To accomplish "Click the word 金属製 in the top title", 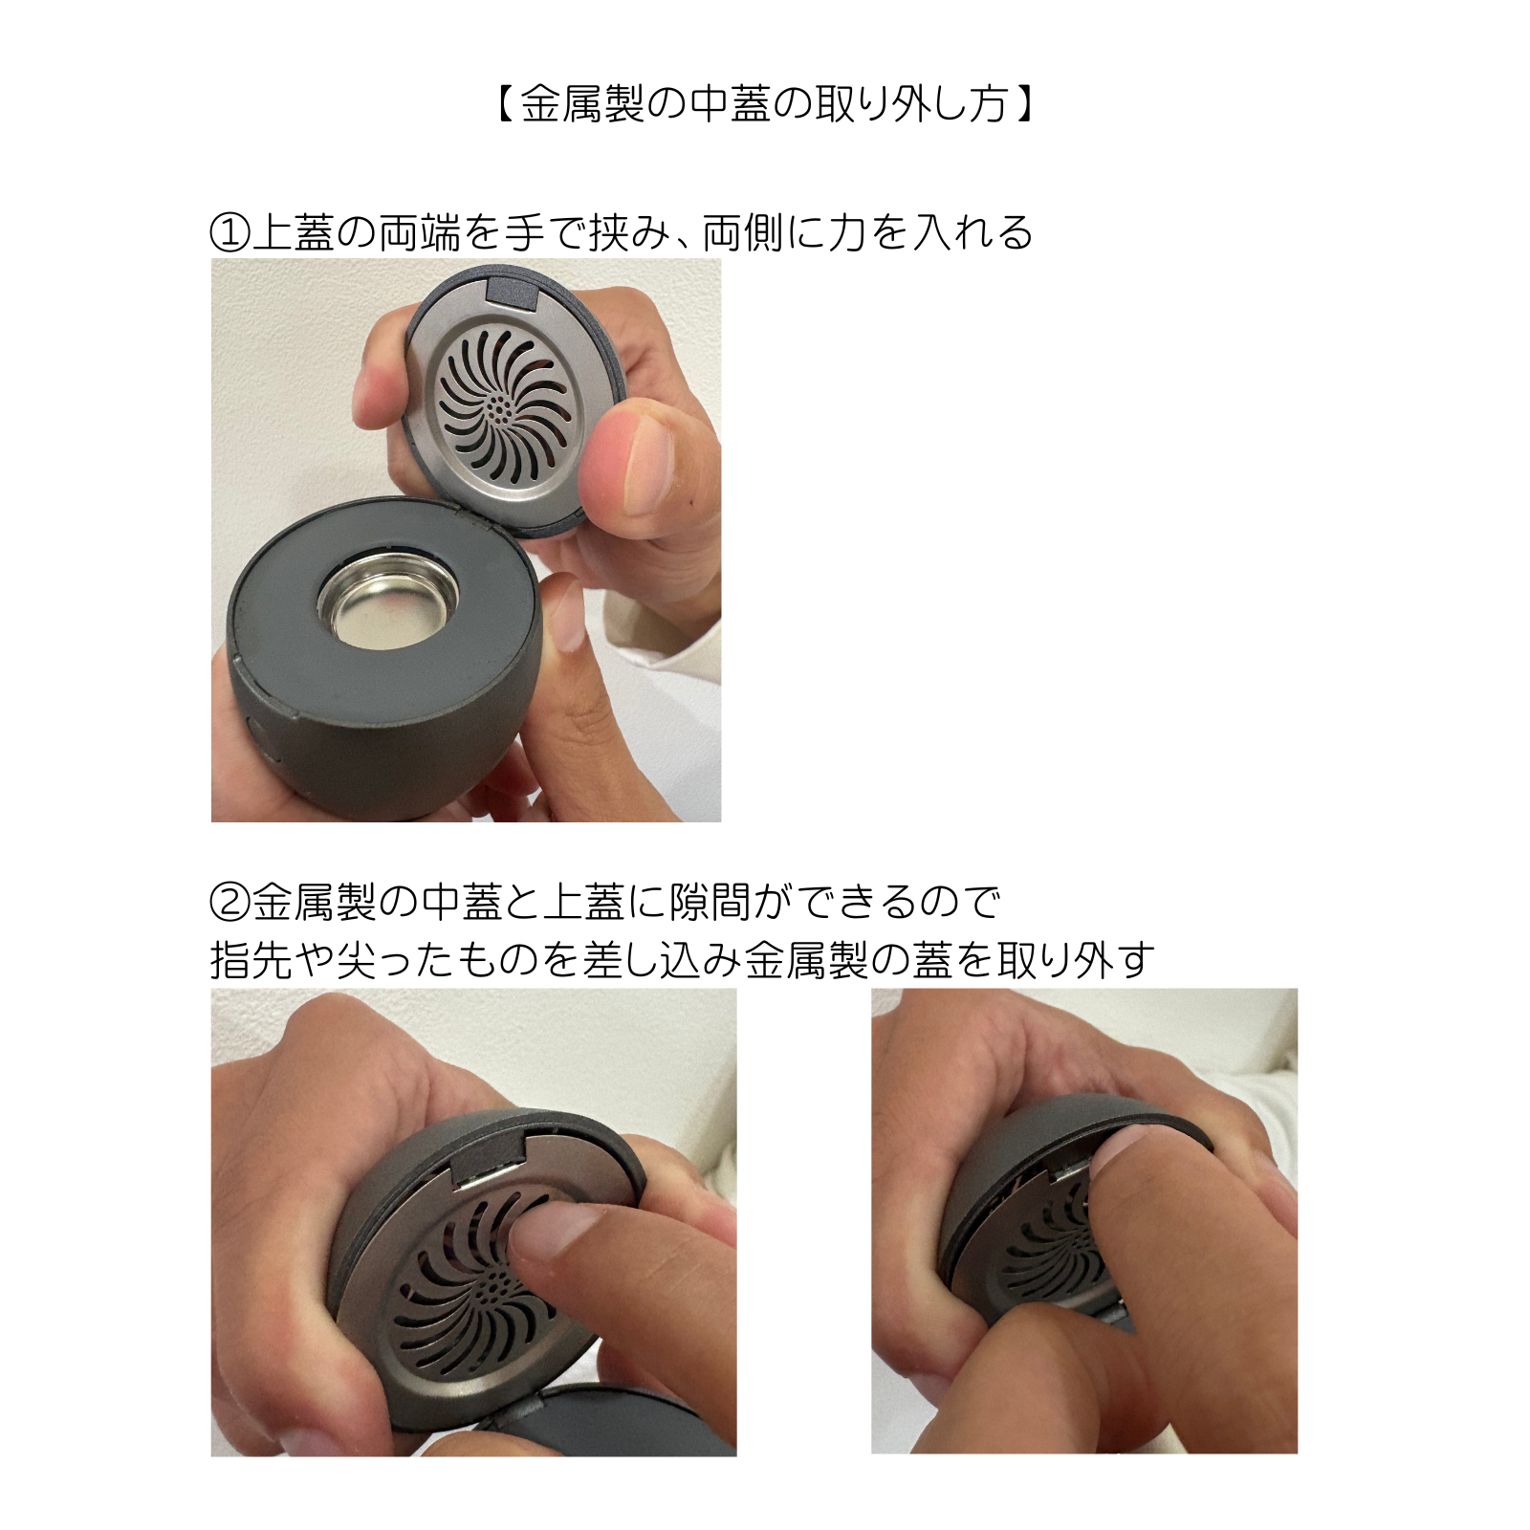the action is (583, 103).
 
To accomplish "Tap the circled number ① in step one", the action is (229, 233).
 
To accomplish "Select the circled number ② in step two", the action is (229, 901).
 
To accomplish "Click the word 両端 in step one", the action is (420, 233).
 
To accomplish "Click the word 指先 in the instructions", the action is (251, 959).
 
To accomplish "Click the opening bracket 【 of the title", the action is (504, 103).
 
